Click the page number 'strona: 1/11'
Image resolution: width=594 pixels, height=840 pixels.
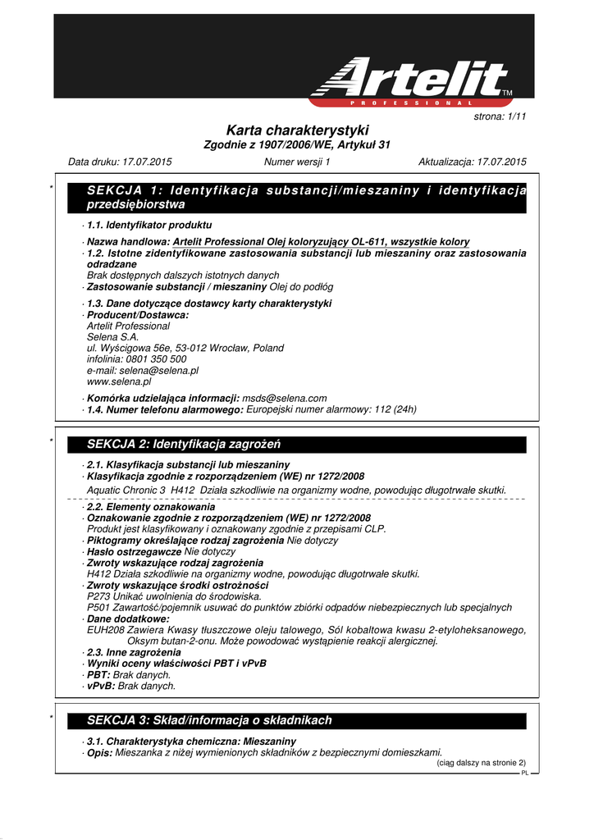pos(500,117)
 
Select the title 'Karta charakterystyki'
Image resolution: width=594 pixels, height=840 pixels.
pos(297,131)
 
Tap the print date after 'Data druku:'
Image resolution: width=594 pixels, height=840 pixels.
pos(147,162)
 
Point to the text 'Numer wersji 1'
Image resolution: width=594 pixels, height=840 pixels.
pos(297,162)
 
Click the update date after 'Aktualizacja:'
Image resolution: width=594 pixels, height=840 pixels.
pos(500,162)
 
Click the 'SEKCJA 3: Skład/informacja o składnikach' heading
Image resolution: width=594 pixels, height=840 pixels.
pos(209,720)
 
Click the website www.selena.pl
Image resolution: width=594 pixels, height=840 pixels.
pos(119,381)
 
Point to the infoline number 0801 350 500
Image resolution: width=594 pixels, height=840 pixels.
pos(156,359)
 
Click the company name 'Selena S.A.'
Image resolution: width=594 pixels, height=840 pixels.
pos(112,336)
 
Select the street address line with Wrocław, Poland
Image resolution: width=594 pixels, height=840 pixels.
pos(185,348)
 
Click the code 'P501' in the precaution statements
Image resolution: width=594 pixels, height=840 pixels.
pos(97,608)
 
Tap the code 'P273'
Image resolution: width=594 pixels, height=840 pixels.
pos(97,596)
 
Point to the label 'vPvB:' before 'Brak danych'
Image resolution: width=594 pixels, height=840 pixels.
pos(101,686)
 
